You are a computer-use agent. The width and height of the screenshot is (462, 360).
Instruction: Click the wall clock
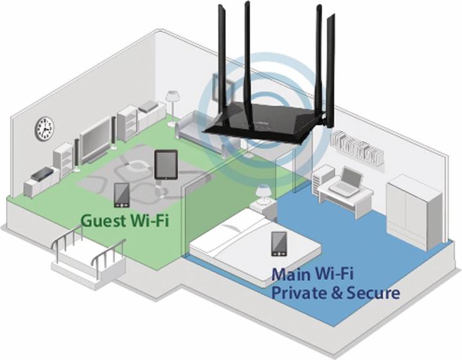44,128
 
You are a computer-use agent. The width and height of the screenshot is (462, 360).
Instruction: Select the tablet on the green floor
165,164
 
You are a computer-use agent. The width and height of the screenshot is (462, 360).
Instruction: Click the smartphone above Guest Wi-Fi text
122,194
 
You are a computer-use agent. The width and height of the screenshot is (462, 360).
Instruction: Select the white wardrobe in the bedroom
415,209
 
